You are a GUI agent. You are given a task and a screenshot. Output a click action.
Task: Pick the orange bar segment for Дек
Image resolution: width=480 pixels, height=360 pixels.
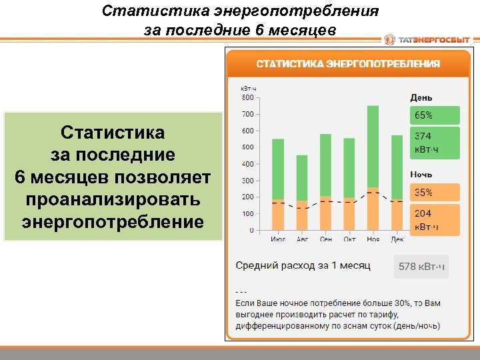pos(397,215)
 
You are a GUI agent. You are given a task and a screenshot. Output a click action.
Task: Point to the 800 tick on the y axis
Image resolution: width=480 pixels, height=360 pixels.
pos(247,97)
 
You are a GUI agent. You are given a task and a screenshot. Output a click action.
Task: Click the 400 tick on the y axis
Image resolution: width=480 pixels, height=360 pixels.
pos(247,164)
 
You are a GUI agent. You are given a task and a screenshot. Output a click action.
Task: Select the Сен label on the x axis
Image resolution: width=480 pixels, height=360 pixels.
pos(325,239)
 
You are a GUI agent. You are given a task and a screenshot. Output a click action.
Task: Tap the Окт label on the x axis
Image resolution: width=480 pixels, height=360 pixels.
pos(349,239)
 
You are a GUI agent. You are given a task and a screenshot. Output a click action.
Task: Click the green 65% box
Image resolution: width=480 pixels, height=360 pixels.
pos(434,115)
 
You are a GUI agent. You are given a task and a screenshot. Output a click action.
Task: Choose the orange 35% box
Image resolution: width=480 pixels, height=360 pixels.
pos(434,193)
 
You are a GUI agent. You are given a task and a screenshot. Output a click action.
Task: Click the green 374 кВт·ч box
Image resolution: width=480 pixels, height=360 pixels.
pos(434,143)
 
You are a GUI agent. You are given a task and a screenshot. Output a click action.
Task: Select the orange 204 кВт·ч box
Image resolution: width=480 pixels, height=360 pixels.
pos(434,220)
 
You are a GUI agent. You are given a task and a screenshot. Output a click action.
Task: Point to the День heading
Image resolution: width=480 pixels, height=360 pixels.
pos(421,97)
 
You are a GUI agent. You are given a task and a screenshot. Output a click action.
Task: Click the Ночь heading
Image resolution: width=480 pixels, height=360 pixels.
pos(421,175)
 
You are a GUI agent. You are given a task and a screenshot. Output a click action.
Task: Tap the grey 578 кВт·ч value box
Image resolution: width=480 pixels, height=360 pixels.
pos(421,267)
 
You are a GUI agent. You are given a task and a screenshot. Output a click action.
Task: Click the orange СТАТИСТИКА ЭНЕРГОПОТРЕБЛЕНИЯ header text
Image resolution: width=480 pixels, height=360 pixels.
pos(349,64)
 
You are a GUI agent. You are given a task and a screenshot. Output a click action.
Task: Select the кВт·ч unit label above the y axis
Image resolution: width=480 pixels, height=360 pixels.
pos(249,88)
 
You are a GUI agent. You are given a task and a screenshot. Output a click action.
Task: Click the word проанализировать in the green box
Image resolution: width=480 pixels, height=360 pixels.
pos(113,200)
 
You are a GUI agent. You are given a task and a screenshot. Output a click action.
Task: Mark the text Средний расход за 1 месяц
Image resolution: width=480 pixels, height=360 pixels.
pos(303,266)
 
